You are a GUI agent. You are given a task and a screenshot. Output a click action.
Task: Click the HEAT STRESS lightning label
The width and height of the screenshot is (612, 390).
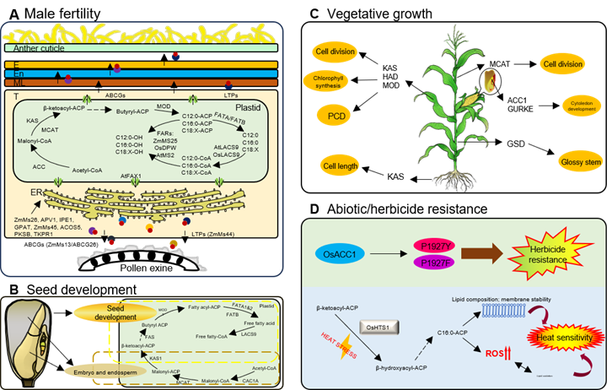337,346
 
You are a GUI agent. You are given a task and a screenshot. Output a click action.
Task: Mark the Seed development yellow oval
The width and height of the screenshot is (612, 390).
108,311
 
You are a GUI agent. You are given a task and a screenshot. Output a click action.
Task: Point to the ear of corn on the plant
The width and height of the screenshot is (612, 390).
491,83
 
